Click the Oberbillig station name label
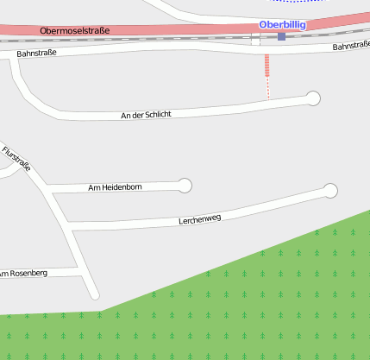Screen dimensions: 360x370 (282, 25)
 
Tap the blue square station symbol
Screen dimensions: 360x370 (281, 36)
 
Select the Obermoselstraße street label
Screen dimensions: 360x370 (75, 31)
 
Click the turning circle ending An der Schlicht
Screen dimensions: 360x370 (314, 98)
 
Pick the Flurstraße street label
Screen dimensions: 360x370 (16, 159)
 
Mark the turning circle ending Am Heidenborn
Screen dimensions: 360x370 (184, 185)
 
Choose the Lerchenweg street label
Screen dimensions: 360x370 (200, 219)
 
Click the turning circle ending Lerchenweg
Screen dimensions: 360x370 (330, 190)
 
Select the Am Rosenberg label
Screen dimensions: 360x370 (24, 274)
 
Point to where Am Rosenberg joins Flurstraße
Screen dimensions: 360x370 (83, 270)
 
